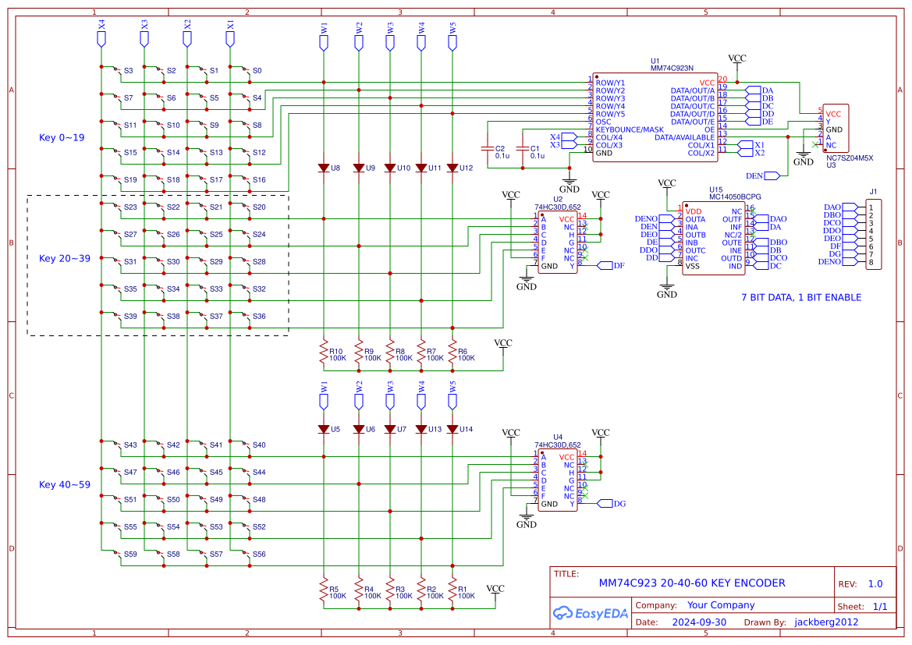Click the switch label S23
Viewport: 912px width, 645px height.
tap(130, 207)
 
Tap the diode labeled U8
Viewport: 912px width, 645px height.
tap(324, 168)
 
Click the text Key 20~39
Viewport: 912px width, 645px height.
tap(65, 258)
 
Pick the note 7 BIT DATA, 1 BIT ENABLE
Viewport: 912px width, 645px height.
tap(801, 297)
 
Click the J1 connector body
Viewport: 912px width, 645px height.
tap(875, 235)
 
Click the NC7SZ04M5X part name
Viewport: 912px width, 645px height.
tap(850, 158)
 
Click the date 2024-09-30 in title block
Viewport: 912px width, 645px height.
tap(699, 622)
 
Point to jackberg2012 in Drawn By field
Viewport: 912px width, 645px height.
tap(826, 622)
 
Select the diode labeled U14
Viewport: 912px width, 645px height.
tap(452, 429)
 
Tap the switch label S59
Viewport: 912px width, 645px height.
tap(130, 555)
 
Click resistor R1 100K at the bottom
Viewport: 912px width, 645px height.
tap(452, 590)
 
